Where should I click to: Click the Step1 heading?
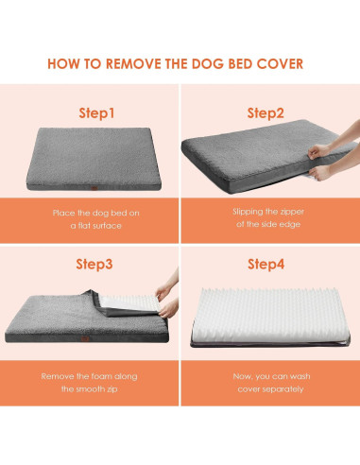coord(96,112)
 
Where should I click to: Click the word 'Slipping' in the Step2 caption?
coord(249,212)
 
